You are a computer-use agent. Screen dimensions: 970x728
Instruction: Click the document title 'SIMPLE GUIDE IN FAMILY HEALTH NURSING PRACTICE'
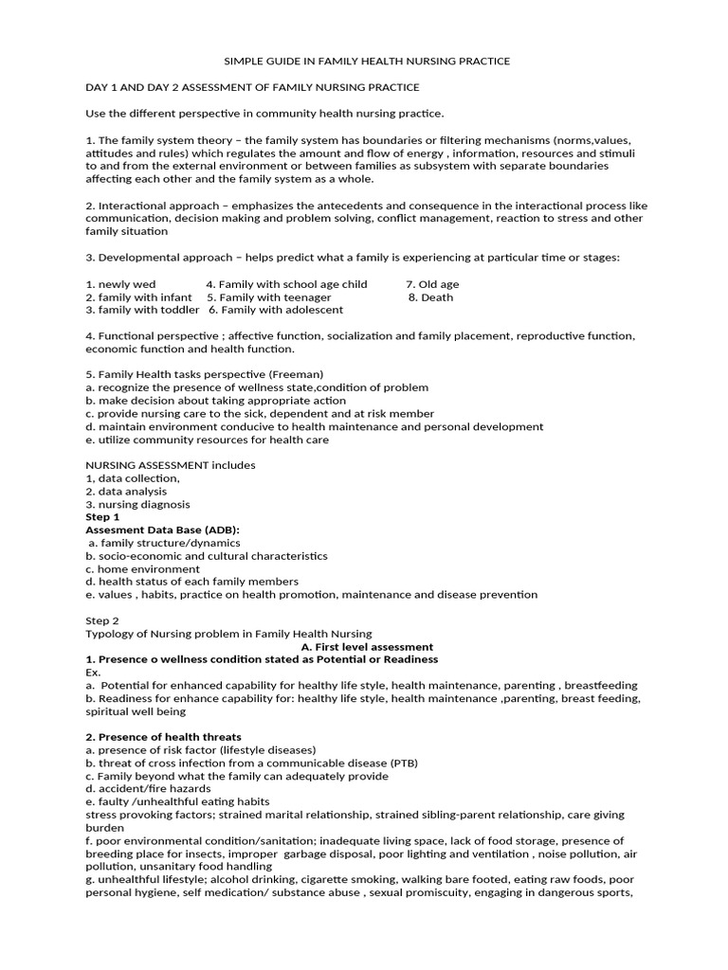pos(366,62)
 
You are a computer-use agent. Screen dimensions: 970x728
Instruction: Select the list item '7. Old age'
pos(432,284)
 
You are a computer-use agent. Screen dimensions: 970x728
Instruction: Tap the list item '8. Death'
pos(430,297)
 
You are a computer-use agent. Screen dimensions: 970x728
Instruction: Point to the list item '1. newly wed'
pos(120,284)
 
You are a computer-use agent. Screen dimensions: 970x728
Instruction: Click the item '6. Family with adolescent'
pos(276,310)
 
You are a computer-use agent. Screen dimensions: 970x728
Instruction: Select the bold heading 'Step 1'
pos(102,517)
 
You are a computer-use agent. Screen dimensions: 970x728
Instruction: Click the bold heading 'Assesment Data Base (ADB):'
pos(162,530)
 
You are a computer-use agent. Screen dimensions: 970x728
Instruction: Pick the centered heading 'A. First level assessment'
pos(360,647)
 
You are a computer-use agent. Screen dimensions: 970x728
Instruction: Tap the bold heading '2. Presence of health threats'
pos(163,737)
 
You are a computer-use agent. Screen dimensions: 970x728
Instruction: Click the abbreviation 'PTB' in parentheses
pos(402,763)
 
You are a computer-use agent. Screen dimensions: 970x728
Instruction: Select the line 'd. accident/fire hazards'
pos(148,788)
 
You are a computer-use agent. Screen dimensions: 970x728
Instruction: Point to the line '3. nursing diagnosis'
pos(137,505)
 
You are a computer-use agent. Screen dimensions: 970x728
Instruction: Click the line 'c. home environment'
pos(142,569)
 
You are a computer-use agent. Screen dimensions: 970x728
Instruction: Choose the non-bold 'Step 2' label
pos(102,621)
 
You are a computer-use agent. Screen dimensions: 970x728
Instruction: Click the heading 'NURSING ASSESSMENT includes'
pos(170,465)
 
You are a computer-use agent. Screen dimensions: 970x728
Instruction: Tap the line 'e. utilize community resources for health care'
pos(207,440)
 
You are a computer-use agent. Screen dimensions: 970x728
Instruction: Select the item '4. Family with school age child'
pos(286,284)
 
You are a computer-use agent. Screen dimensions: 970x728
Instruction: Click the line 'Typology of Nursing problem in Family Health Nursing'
pos(228,634)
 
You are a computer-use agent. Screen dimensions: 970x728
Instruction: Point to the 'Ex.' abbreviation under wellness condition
pos(93,672)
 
